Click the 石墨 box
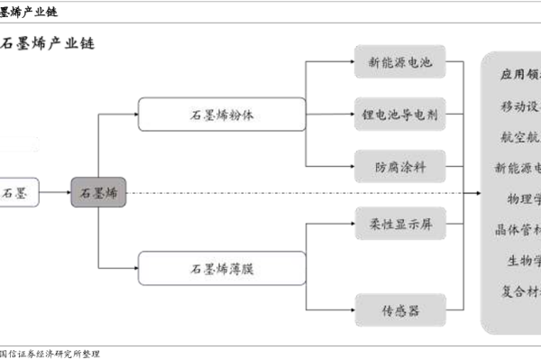coord(18,193)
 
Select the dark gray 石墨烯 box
coord(98,193)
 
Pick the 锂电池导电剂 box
coord(400,116)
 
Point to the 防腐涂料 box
coord(400,167)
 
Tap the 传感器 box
coord(400,311)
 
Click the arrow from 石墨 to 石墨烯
coord(54,193)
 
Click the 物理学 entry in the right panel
coord(520,198)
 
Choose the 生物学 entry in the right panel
coord(520,260)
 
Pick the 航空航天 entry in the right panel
coord(520,137)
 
